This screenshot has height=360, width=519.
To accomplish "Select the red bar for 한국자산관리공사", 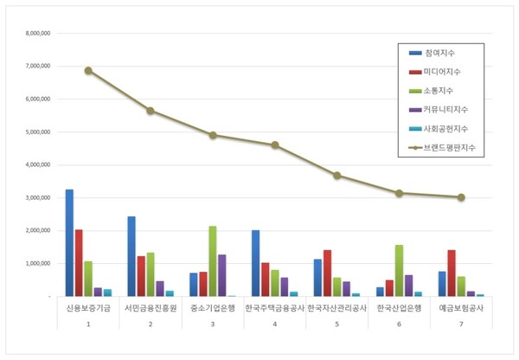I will coord(327,273).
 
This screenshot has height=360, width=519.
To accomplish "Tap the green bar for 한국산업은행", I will coord(399,270).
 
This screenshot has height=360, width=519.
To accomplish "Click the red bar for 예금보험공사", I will coord(452,273).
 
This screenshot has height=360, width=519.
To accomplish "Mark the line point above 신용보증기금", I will coord(88,70).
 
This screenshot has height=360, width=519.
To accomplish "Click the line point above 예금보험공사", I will coord(461,197).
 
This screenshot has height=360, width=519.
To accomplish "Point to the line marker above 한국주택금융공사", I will coord(275,145).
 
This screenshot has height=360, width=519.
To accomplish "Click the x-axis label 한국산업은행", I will coord(399,308).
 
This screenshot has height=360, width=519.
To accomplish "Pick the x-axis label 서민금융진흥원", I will coord(151,308).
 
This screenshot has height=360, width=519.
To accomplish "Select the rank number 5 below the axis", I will coord(336,324).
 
